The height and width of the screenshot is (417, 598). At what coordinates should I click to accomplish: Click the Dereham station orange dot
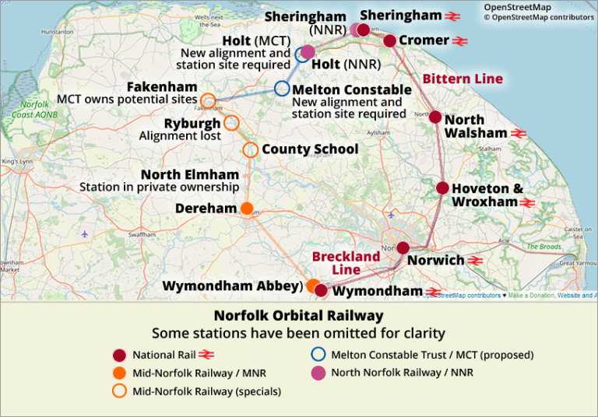247,208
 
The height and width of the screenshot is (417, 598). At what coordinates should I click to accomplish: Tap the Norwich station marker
403,248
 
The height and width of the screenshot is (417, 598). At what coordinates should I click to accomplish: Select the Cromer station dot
390,40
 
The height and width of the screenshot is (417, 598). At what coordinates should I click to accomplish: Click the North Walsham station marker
435,117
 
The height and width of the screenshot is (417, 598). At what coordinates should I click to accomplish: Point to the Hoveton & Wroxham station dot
442,187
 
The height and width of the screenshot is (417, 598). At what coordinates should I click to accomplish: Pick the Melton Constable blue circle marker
282,89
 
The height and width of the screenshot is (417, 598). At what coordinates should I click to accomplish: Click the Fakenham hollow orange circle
208,100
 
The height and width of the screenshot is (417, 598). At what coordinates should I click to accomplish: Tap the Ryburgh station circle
231,123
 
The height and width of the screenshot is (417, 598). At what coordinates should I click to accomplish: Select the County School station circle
250,149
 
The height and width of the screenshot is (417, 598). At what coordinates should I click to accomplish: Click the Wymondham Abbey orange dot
312,285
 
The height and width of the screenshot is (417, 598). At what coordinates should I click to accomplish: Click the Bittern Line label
463,79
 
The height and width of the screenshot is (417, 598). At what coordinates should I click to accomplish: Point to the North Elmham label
189,173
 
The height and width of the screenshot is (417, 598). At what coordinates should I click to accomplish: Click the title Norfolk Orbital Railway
298,316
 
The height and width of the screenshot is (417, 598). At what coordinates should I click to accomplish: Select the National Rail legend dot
118,355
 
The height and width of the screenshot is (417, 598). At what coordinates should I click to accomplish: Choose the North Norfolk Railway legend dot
318,373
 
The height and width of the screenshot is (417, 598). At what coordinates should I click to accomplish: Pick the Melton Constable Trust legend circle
318,355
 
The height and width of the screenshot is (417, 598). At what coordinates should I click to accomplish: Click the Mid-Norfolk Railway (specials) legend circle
118,391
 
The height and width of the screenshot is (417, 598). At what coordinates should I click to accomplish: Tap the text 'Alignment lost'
180,136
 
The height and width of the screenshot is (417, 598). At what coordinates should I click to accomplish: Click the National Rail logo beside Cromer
460,40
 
